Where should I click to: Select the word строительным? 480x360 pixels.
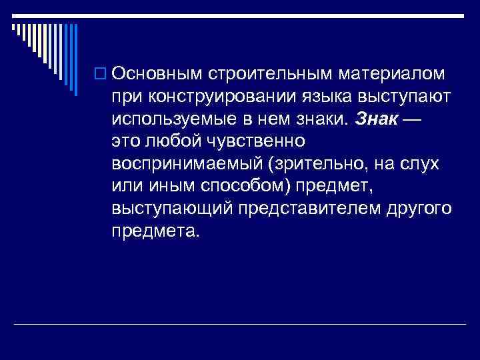(x=256, y=71)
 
